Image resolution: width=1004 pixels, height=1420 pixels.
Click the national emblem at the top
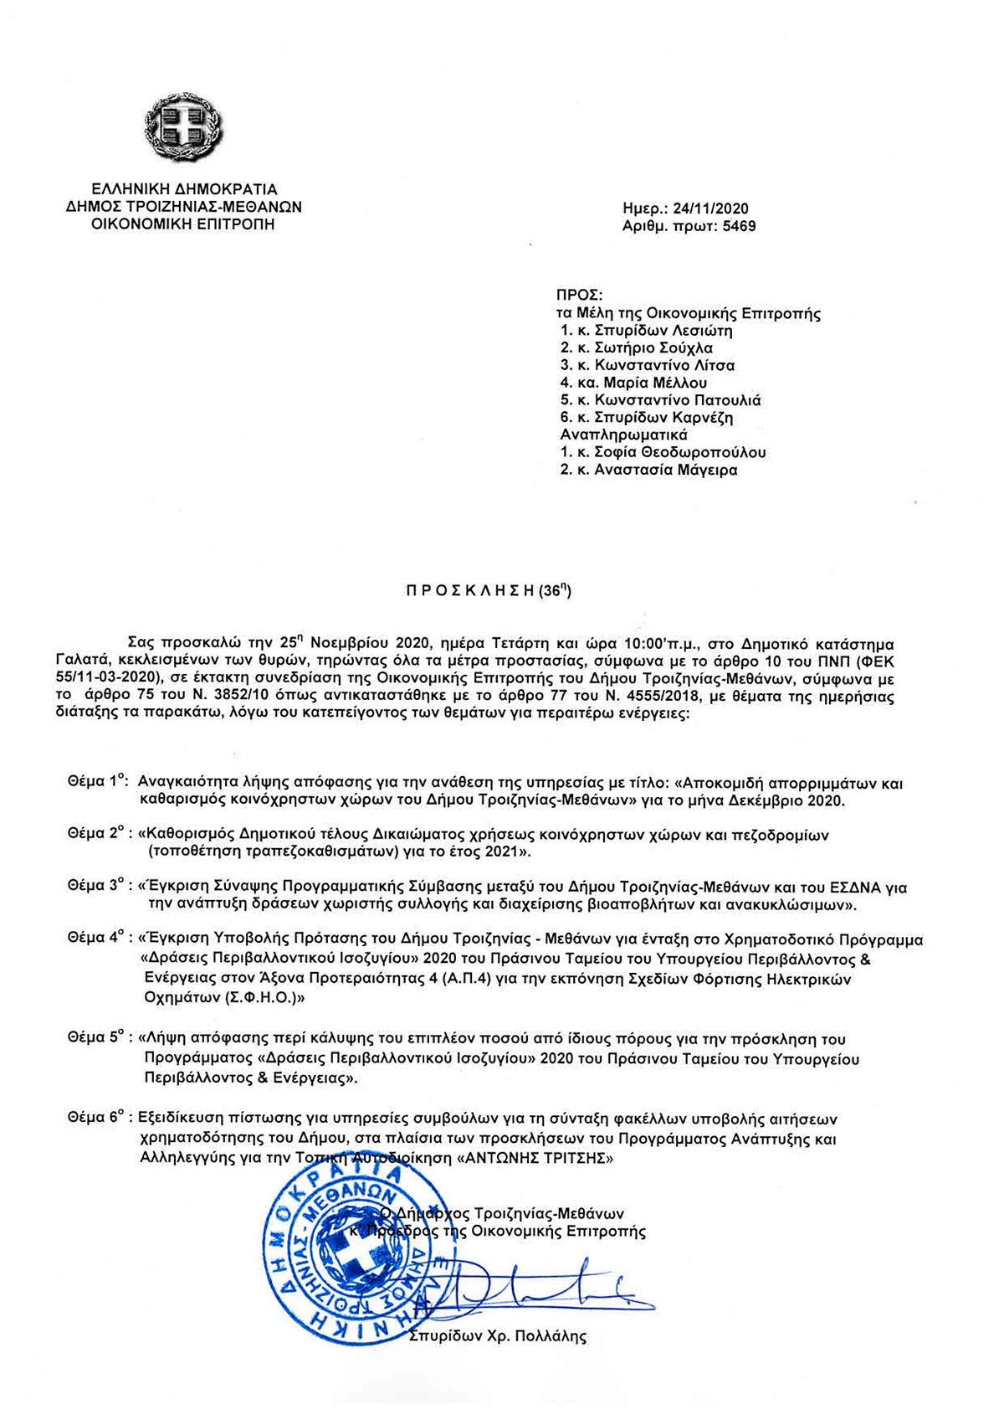click(x=184, y=128)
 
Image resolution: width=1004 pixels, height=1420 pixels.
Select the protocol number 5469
click(x=739, y=226)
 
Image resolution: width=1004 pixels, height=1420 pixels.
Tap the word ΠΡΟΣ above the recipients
click(x=579, y=296)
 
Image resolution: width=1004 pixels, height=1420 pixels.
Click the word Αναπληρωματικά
click(x=623, y=435)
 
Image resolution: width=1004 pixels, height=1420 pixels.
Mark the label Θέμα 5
click(x=97, y=1039)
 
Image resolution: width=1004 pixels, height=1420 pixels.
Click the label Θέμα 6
click(x=97, y=1119)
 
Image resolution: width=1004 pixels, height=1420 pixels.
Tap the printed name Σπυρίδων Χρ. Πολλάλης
click(x=498, y=1336)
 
